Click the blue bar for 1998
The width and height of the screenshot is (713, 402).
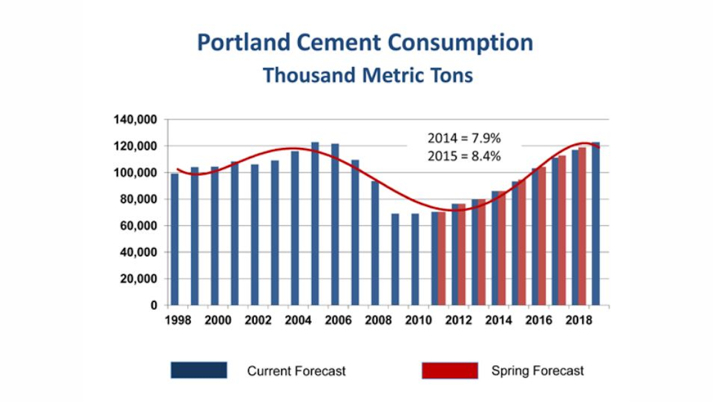[x=175, y=239]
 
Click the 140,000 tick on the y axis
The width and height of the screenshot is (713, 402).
[x=135, y=120]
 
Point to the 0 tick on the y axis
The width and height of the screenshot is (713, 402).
[x=153, y=306]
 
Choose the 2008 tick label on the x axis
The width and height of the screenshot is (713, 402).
[x=378, y=320]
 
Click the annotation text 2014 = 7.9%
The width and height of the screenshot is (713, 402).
[x=465, y=139]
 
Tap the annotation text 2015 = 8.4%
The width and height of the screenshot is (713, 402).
[x=465, y=157]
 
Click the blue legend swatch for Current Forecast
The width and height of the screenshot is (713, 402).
[x=198, y=370]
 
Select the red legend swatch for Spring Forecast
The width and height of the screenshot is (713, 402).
[x=449, y=370]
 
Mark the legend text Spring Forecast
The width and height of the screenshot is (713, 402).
[x=537, y=370]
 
